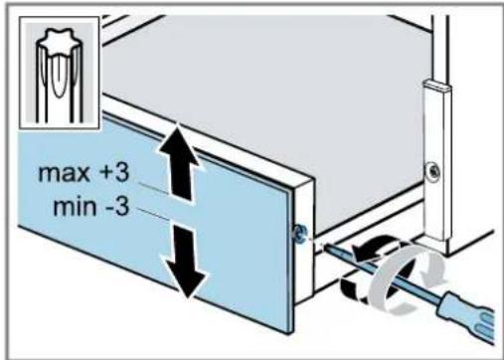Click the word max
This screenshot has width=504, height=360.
(64, 173)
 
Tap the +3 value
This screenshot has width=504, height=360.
(113, 172)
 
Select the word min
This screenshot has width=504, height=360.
(74, 206)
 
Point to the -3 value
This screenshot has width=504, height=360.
(116, 207)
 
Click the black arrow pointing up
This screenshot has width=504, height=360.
(179, 162)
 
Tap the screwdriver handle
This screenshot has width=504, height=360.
(470, 315)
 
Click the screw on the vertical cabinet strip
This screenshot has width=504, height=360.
(433, 172)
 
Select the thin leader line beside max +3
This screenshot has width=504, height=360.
(153, 188)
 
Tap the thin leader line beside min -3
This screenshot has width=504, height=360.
(153, 214)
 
